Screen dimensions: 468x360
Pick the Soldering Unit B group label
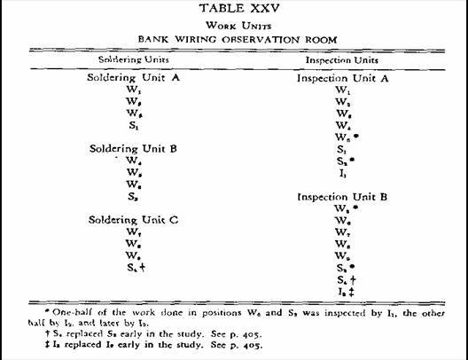point(135,148)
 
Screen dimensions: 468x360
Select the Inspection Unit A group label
point(341,78)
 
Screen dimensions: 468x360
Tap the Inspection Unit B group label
point(341,196)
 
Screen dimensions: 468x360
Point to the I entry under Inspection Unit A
point(341,173)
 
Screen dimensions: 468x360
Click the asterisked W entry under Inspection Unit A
point(344,137)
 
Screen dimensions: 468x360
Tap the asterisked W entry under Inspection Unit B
point(344,208)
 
